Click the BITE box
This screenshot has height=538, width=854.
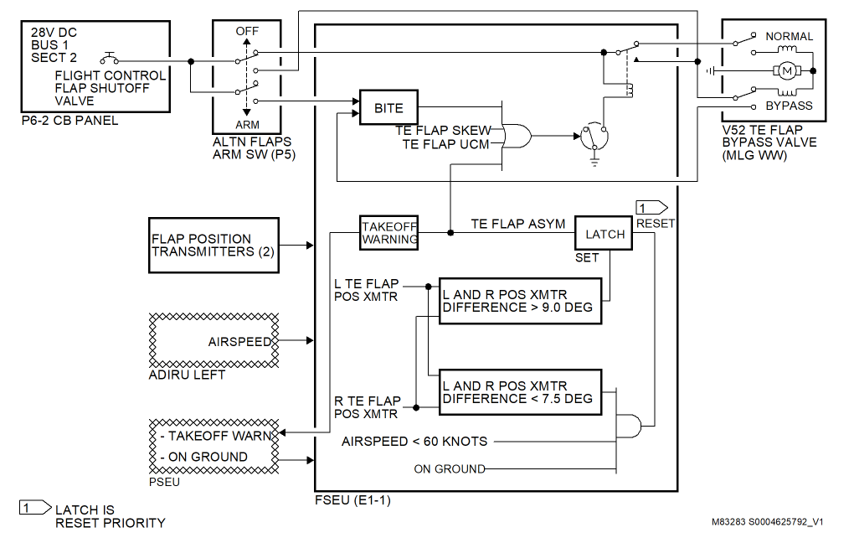pyautogui.click(x=388, y=107)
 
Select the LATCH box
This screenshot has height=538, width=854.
pyautogui.click(x=604, y=234)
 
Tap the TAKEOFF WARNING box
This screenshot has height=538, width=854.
pyautogui.click(x=389, y=232)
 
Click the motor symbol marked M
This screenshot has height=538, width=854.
pyautogui.click(x=787, y=71)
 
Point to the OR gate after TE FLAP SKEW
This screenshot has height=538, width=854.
pyautogui.click(x=516, y=136)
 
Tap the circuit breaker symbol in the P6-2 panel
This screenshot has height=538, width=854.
pyautogui.click(x=109, y=59)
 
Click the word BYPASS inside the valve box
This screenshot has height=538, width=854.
pyautogui.click(x=789, y=106)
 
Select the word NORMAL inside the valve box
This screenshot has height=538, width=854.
pyautogui.click(x=789, y=36)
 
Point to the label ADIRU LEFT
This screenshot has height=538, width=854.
pyautogui.click(x=186, y=375)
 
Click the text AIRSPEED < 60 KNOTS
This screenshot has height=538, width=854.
pyautogui.click(x=414, y=441)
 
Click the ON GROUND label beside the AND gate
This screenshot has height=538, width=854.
pyautogui.click(x=449, y=468)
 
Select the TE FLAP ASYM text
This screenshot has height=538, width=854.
pyautogui.click(x=517, y=224)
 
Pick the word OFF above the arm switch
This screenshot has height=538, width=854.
pyautogui.click(x=247, y=30)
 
